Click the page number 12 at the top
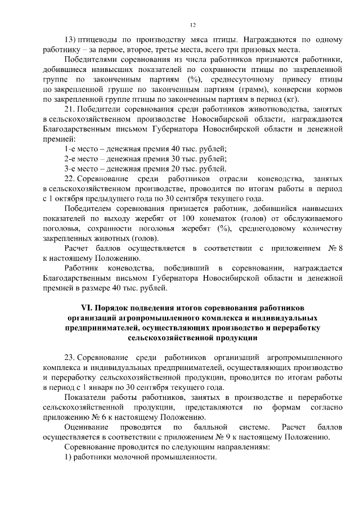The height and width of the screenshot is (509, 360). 192,25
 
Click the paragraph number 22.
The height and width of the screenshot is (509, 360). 70,179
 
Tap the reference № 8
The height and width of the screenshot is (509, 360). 335,249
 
